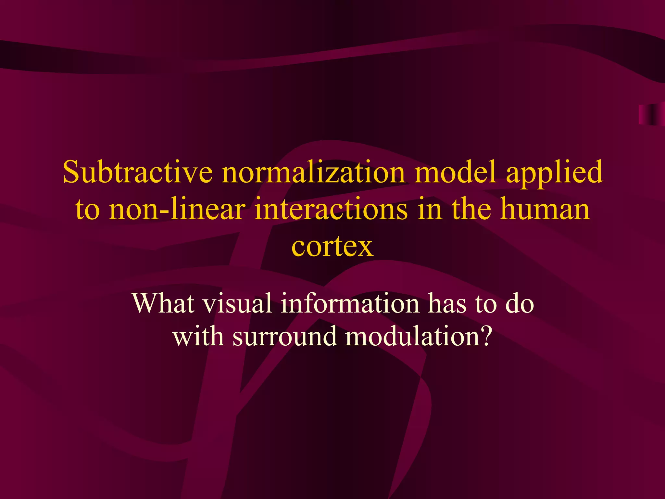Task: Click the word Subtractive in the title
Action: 138,172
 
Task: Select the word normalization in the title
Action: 313,172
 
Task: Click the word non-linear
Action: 177,210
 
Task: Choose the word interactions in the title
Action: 331,210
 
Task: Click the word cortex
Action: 332,247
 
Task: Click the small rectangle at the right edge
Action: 651,114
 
